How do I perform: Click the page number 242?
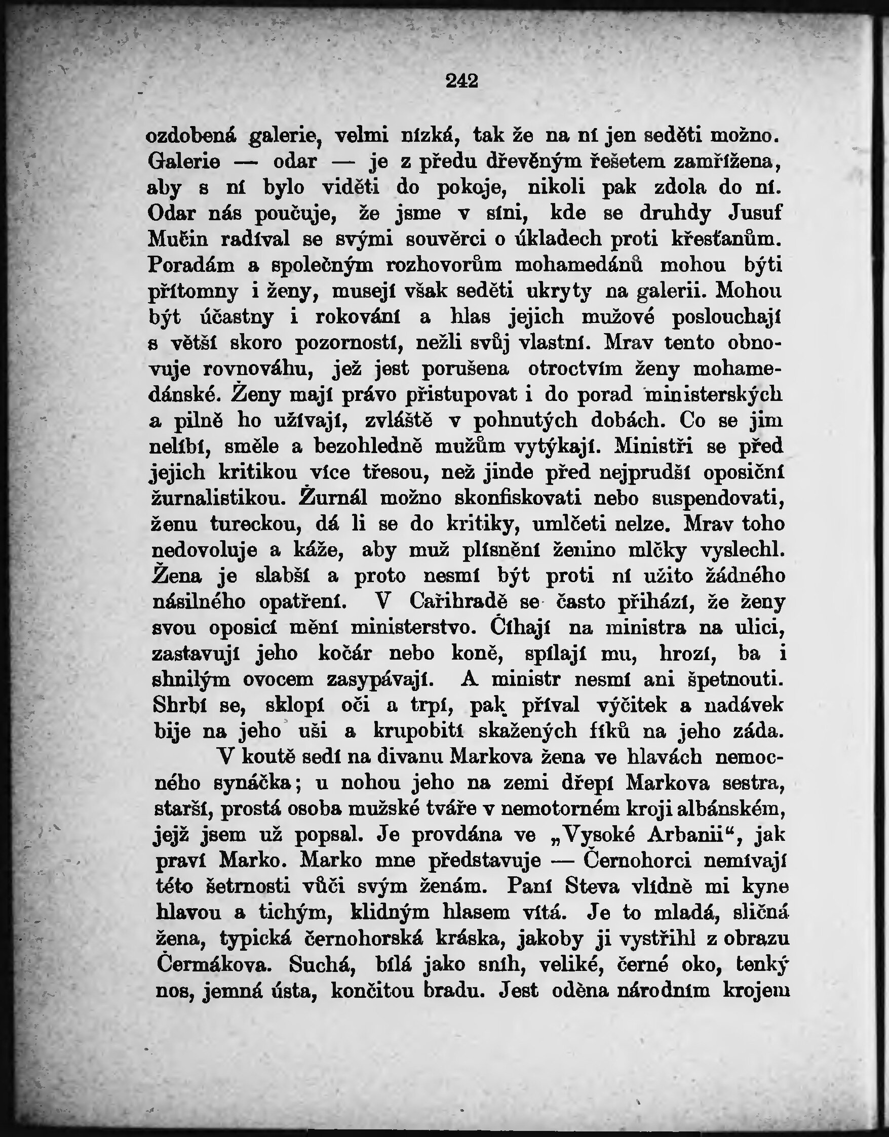tap(462, 81)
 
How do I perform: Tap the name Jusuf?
tap(755, 213)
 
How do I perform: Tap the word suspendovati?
tap(719, 498)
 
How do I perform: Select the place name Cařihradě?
tap(458, 602)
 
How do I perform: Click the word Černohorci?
tap(637, 861)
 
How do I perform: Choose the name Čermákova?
tap(214, 965)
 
